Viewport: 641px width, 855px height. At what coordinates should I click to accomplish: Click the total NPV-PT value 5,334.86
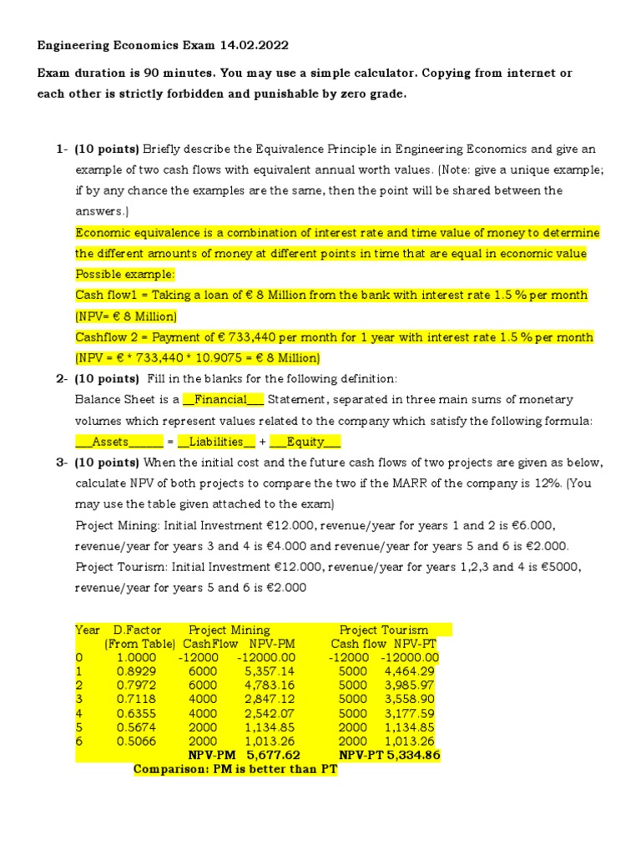coord(411,755)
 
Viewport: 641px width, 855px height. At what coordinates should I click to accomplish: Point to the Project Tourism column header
coord(384,630)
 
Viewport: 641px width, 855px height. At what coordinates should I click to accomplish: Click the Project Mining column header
coord(230,630)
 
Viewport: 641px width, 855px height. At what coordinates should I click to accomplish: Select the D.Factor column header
coord(138,630)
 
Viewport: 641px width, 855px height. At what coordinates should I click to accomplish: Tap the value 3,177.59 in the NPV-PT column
coord(410,713)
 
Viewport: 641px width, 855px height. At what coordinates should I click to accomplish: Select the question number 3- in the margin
coord(62,463)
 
